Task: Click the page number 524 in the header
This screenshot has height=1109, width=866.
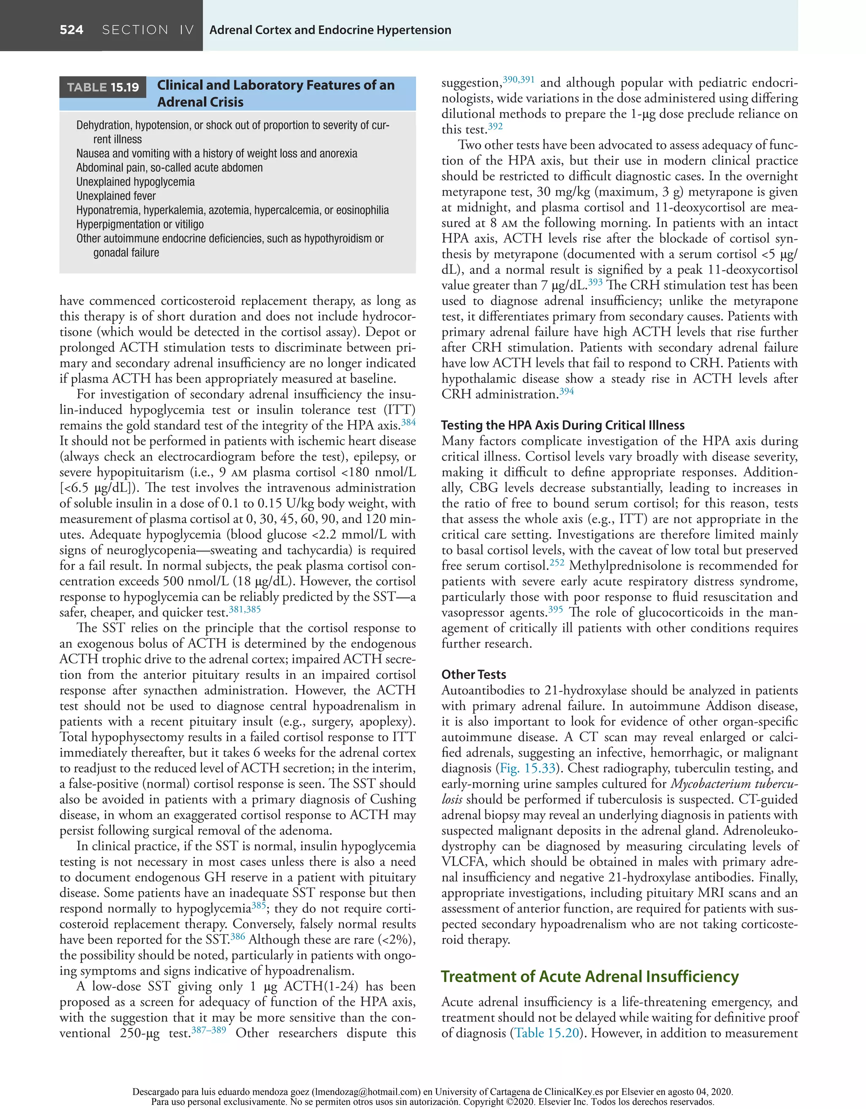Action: point(71,30)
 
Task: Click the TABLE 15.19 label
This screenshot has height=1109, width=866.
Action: point(103,87)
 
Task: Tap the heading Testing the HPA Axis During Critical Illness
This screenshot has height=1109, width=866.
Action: point(563,425)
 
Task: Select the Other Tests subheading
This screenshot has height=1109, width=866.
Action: point(473,674)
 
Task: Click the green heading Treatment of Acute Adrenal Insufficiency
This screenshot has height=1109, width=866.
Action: point(589,976)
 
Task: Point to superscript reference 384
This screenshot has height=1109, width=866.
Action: point(408,422)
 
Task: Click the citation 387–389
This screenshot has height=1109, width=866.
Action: point(208,1030)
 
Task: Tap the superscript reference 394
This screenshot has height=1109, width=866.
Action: point(566,391)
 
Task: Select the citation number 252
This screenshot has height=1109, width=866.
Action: point(556,562)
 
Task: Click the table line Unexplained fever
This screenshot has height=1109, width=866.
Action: point(116,196)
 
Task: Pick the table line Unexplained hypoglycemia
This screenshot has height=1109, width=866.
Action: point(135,182)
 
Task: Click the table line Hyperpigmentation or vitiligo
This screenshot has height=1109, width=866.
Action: point(140,224)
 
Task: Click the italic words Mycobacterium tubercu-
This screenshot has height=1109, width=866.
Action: point(734,783)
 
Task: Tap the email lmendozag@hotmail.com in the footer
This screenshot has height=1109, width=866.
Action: point(365,1092)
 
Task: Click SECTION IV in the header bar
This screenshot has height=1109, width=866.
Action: point(148,30)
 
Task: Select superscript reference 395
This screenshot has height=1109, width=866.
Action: point(556,609)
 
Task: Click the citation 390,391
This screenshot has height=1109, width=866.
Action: point(518,79)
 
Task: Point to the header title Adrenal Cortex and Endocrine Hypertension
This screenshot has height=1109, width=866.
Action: point(330,30)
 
